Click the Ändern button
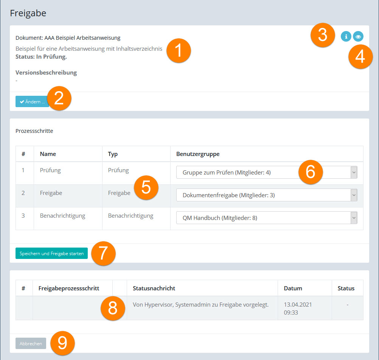(32, 101)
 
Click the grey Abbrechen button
(31, 343)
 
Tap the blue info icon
(346, 36)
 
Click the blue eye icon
(358, 36)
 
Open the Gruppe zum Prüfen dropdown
(267, 172)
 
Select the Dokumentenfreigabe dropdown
(267, 195)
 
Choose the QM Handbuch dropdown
(267, 218)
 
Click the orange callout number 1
(179, 51)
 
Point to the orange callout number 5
(146, 187)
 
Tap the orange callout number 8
(113, 308)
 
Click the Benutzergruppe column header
(198, 154)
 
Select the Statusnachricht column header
(154, 288)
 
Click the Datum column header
(293, 288)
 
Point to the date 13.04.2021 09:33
(298, 309)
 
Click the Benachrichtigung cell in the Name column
(63, 216)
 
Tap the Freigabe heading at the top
(28, 13)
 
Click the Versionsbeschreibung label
(46, 73)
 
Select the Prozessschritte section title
(34, 131)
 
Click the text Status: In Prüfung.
(41, 57)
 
